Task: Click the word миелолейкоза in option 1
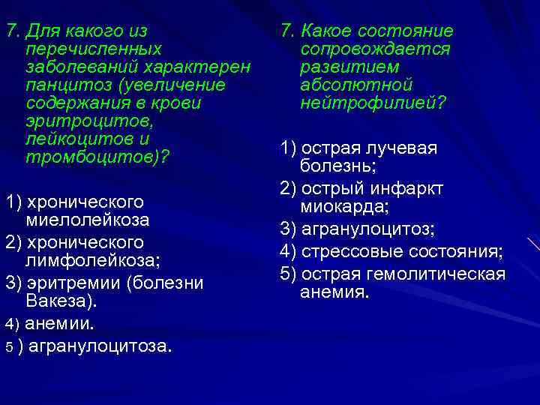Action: click(x=88, y=220)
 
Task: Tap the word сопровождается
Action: click(x=375, y=50)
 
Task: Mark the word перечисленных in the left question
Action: click(x=93, y=50)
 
